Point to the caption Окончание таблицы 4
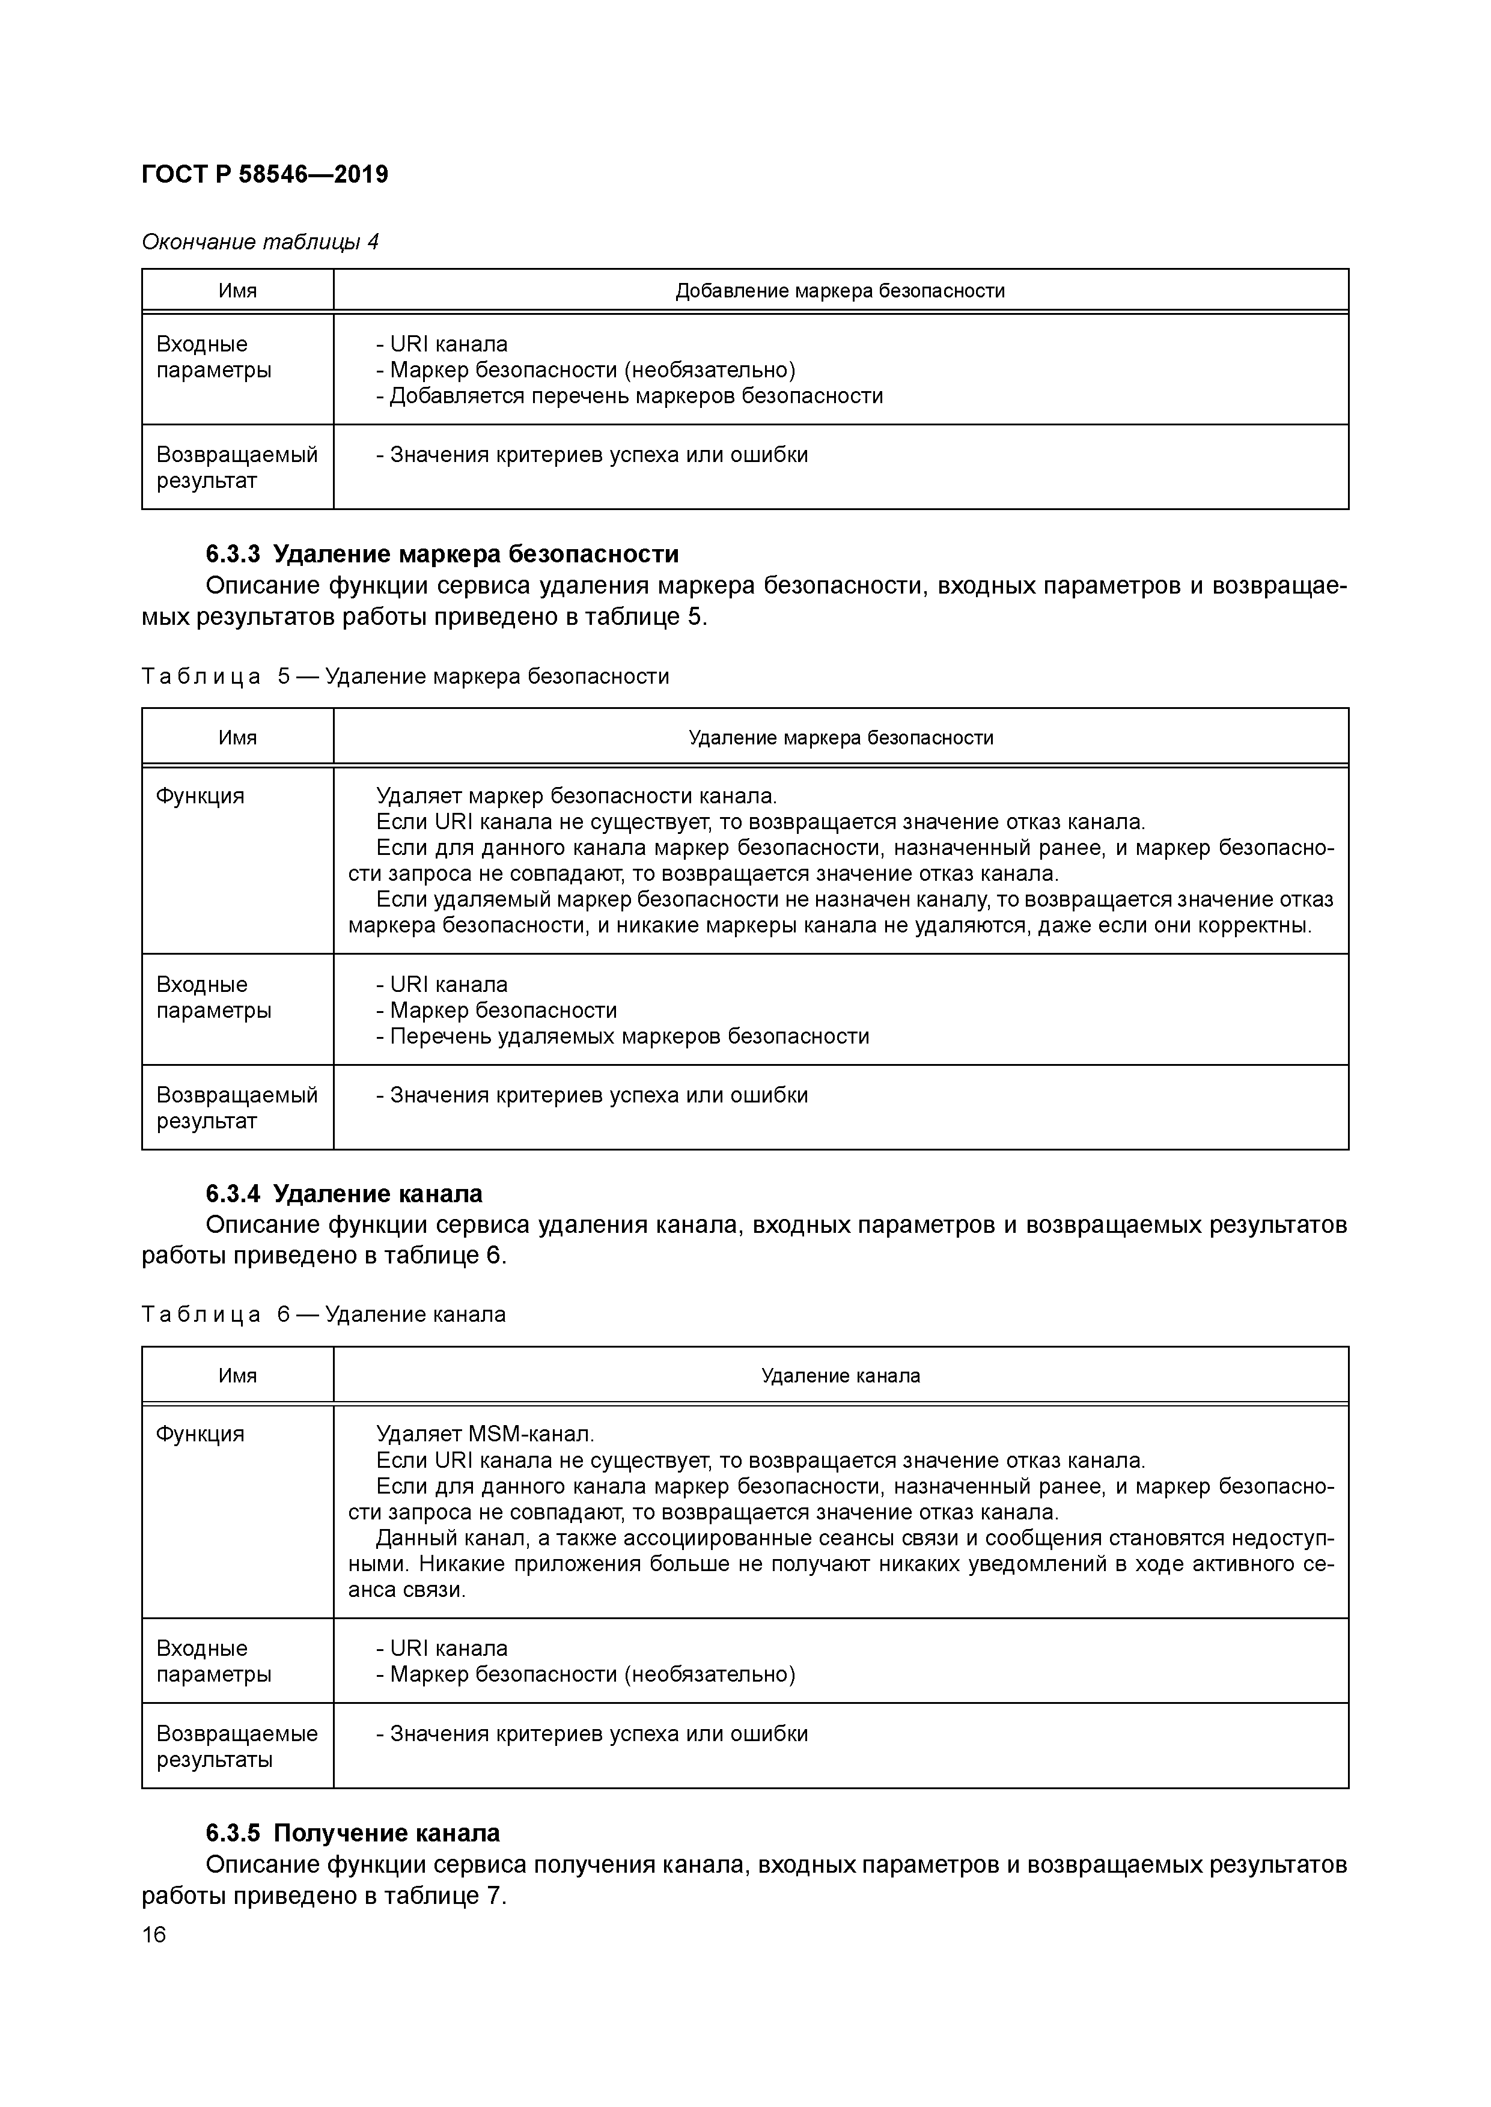[260, 242]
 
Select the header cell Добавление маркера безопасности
[840, 291]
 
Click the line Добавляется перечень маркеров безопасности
[630, 397]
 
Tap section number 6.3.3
[233, 555]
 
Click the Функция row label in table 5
[200, 795]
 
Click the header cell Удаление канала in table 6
[840, 1376]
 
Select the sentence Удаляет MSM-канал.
[485, 1434]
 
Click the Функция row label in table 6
[200, 1434]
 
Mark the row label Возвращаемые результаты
[236, 1747]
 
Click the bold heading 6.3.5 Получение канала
[353, 1832]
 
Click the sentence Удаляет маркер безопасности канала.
[576, 795]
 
